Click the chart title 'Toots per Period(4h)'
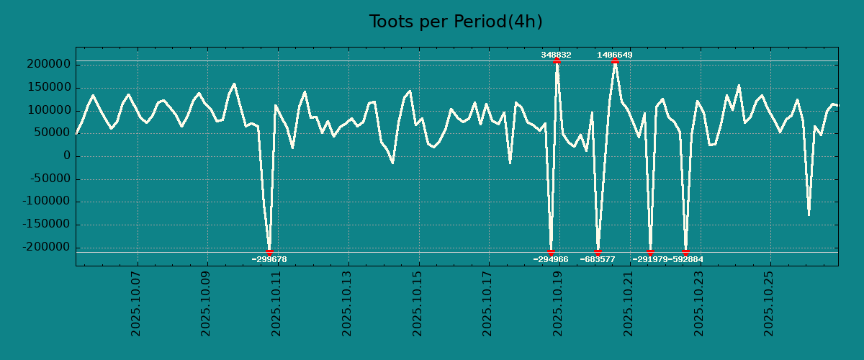pyautogui.click(x=456, y=22)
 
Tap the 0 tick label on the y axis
pyautogui.click(x=66, y=156)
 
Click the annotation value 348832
pyautogui.click(x=557, y=55)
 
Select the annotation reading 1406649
pyautogui.click(x=615, y=55)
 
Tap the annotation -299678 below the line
pyautogui.click(x=269, y=259)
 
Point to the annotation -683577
pyautogui.click(x=598, y=259)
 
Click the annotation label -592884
pyautogui.click(x=685, y=259)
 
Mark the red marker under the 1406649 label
pyautogui.click(x=615, y=61)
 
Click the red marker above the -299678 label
pyautogui.click(x=269, y=252)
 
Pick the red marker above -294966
pyautogui.click(x=551, y=252)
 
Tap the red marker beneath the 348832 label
pyautogui.click(x=557, y=61)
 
